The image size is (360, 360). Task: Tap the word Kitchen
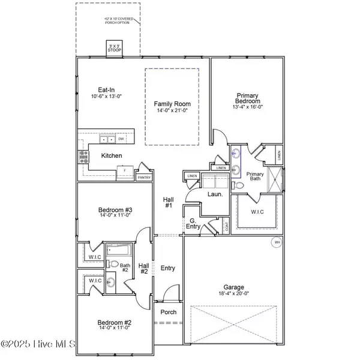click(x=112, y=156)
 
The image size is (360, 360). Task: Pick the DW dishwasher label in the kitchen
click(x=121, y=139)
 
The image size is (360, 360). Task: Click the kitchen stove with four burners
click(x=83, y=157)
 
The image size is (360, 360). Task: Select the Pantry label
click(x=144, y=178)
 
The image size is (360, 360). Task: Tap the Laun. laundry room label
click(x=215, y=195)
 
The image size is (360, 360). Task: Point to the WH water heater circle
click(x=277, y=242)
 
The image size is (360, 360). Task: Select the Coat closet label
click(x=226, y=226)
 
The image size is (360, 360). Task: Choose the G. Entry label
click(x=193, y=224)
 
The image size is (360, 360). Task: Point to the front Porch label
click(x=167, y=313)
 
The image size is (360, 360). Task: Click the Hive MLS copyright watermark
click(x=38, y=344)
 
